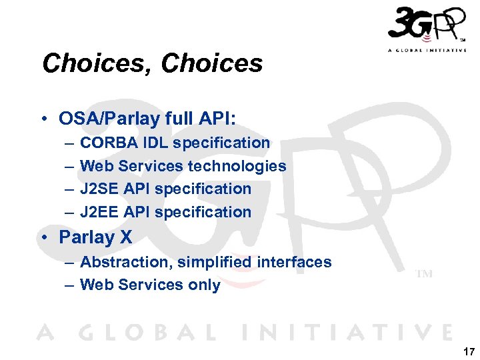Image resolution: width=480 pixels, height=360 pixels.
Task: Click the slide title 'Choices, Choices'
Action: [x=152, y=64]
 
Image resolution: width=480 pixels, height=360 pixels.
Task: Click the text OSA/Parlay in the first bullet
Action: [x=110, y=119]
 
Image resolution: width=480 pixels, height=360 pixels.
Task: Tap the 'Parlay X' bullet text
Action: [x=95, y=237]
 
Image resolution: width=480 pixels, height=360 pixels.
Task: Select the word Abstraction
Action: [x=126, y=262]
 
